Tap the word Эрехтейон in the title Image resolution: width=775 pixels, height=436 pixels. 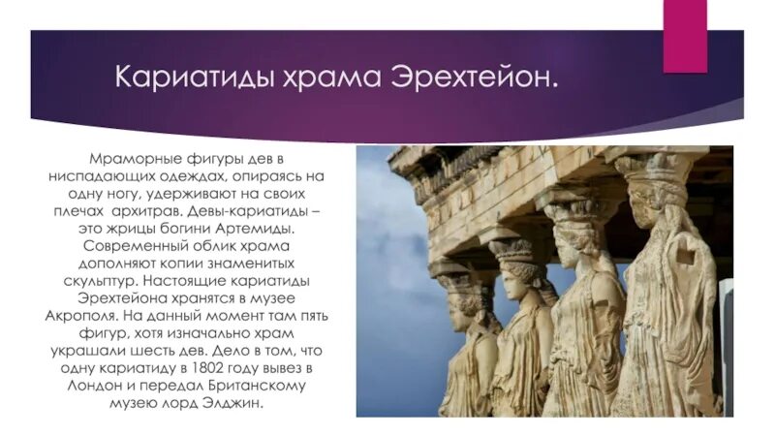click(x=475, y=77)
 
